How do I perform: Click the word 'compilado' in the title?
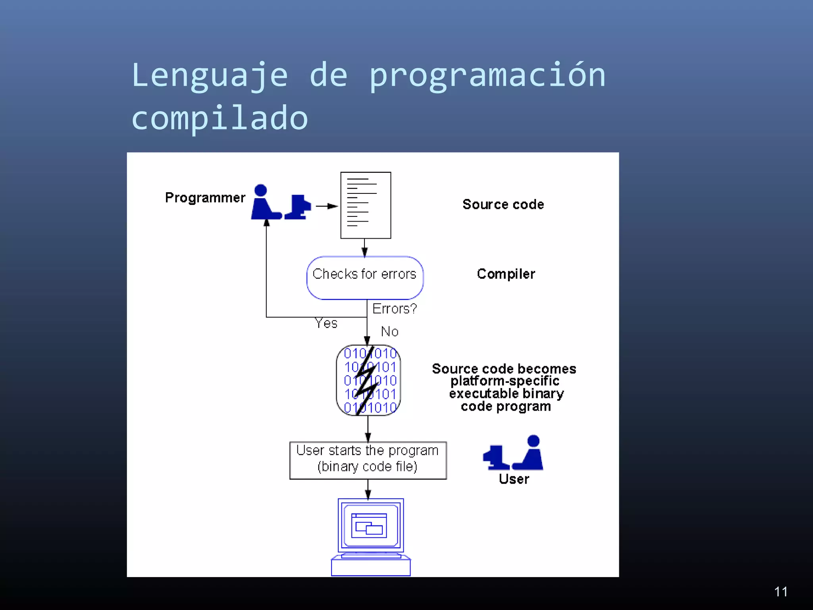220,118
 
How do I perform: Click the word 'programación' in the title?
487,75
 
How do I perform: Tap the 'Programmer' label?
205,197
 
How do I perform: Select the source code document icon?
366,205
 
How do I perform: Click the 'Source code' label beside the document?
503,204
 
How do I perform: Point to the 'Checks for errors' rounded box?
365,278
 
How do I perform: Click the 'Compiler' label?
506,274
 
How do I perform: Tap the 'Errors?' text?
394,309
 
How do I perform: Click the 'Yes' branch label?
326,323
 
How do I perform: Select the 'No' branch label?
389,331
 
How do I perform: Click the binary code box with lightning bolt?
368,380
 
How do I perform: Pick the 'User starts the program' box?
368,460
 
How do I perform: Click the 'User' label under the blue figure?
514,479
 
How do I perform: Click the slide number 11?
780,591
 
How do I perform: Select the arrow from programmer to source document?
326,206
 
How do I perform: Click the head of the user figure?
533,441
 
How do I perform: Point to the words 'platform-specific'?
505,381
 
